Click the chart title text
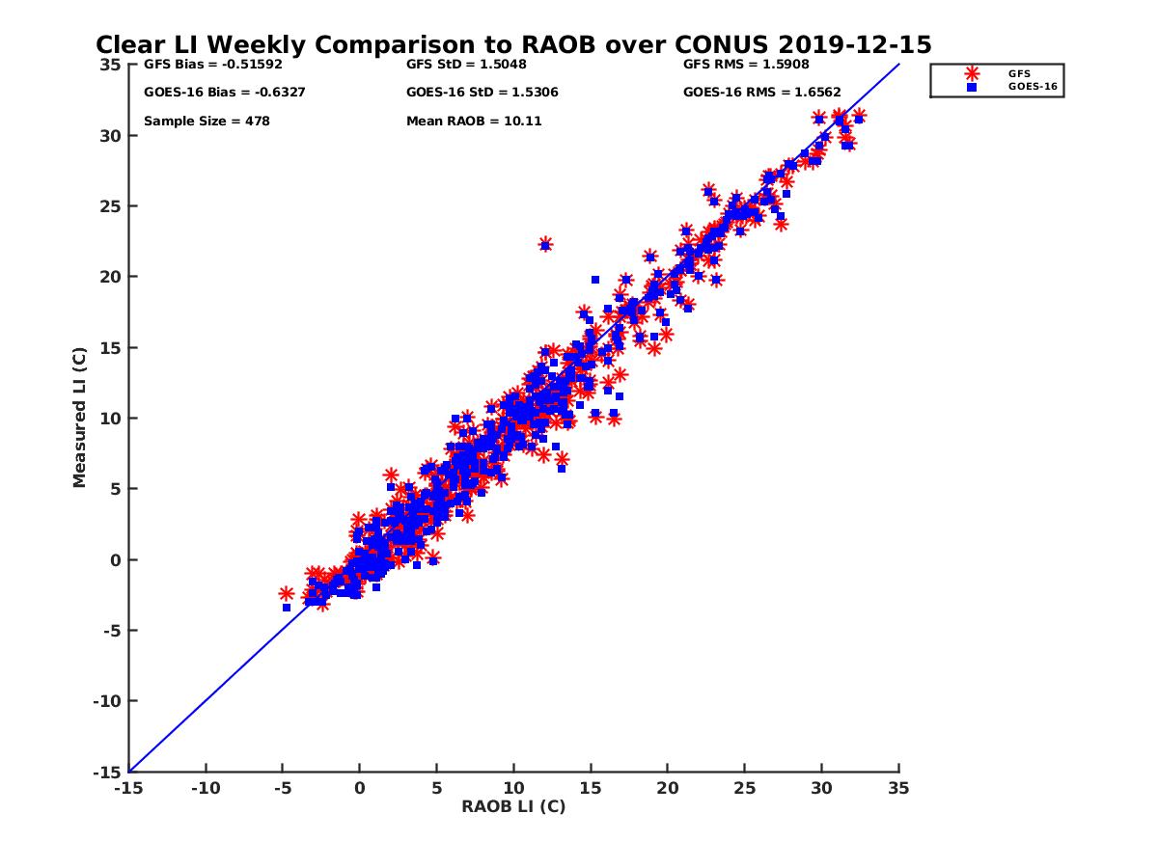[x=513, y=44]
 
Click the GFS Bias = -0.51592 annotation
[x=207, y=65]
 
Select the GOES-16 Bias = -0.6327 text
[x=212, y=93]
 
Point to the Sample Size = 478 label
[x=207, y=122]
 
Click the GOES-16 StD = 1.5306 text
[x=482, y=93]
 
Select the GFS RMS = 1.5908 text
[x=746, y=65]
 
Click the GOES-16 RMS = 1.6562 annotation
[x=761, y=93]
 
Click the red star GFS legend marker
[x=972, y=73]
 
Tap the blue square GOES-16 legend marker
[x=972, y=87]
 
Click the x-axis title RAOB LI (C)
[x=513, y=806]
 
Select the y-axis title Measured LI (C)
[x=79, y=418]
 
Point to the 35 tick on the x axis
[x=898, y=788]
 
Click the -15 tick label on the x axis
[x=128, y=788]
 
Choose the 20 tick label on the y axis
[x=111, y=277]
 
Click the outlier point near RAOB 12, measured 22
[x=545, y=245]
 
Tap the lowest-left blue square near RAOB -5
[x=287, y=608]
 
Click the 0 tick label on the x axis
[x=360, y=788]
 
